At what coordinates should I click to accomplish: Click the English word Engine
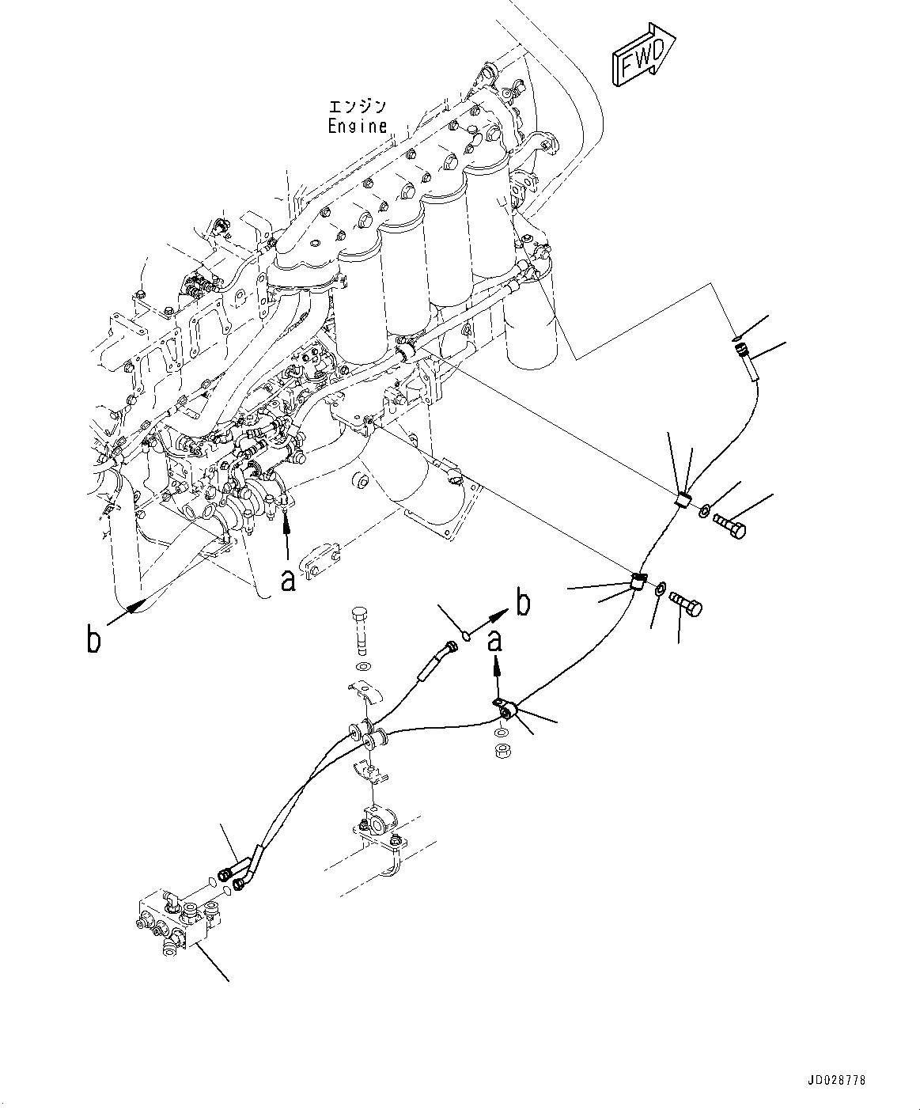tap(357, 127)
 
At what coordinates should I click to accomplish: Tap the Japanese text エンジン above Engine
tap(357, 107)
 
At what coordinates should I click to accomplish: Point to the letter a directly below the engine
tap(287, 581)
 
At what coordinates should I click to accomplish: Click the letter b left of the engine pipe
tap(93, 638)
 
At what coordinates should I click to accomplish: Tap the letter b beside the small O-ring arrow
tap(524, 604)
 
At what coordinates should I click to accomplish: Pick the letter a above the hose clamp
tap(495, 641)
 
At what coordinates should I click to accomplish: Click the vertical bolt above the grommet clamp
tap(361, 632)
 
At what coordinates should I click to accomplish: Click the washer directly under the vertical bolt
tap(362, 667)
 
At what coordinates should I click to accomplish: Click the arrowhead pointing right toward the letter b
tap(499, 616)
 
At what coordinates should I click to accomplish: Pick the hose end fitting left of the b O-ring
tap(437, 661)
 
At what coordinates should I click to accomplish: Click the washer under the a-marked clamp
tap(500, 734)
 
